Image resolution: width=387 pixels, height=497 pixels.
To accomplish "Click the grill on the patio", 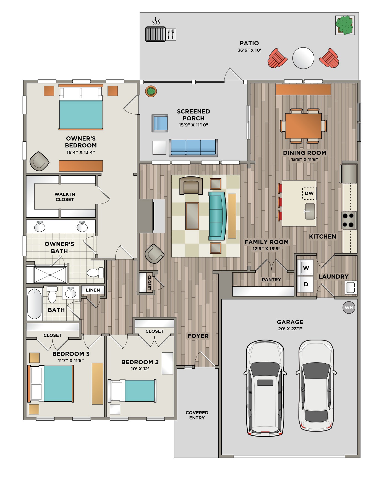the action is point(156,34).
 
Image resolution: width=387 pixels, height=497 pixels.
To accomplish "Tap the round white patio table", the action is point(303,58).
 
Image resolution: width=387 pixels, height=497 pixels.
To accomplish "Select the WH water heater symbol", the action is point(349,308).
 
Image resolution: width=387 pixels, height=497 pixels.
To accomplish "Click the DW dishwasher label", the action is point(309,193).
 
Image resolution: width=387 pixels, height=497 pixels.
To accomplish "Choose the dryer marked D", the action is point(306,284).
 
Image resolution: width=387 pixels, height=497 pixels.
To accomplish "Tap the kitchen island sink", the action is point(310,211).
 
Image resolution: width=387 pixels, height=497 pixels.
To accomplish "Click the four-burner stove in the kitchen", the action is point(349,220).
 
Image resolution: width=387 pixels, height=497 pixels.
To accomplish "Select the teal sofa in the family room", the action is point(217,216).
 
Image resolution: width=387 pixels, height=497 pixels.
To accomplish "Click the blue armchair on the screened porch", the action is point(160,123).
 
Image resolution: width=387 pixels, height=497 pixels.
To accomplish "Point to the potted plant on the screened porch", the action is point(151,91).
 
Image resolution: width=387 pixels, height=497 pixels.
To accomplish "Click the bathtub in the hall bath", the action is point(35,304).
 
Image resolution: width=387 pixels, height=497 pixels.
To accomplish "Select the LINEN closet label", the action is point(93,290).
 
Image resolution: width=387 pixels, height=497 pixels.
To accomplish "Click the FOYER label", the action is point(198,336).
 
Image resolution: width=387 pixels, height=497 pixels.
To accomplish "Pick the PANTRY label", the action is point(271,279).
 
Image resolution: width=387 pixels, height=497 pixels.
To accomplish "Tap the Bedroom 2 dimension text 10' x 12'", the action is point(140,369).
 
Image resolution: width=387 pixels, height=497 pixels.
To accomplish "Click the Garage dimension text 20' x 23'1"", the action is point(290,329).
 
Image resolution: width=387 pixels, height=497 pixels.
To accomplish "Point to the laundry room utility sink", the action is point(351,287).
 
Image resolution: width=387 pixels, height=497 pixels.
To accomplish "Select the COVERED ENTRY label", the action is point(197,415).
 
